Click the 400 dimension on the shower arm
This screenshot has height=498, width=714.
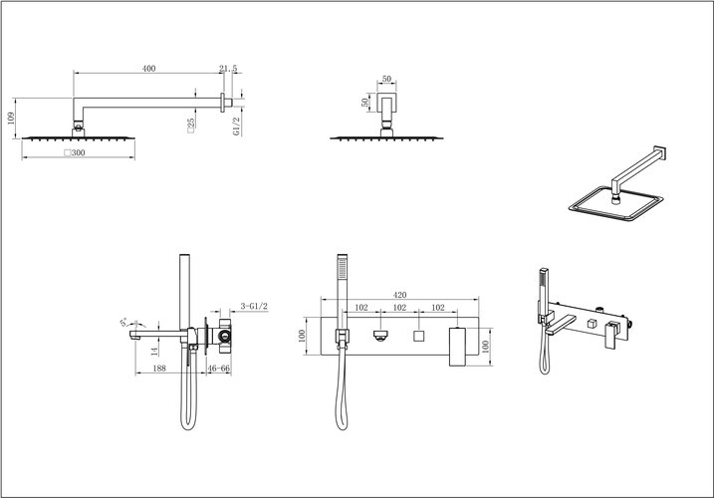click(x=149, y=68)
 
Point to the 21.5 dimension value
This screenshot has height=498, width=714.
click(x=227, y=68)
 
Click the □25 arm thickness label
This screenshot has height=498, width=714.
click(x=188, y=124)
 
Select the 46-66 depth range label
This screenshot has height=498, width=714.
click(x=219, y=368)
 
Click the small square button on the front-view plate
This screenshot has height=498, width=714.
click(x=419, y=337)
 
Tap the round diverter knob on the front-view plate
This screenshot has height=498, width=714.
click(x=380, y=337)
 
